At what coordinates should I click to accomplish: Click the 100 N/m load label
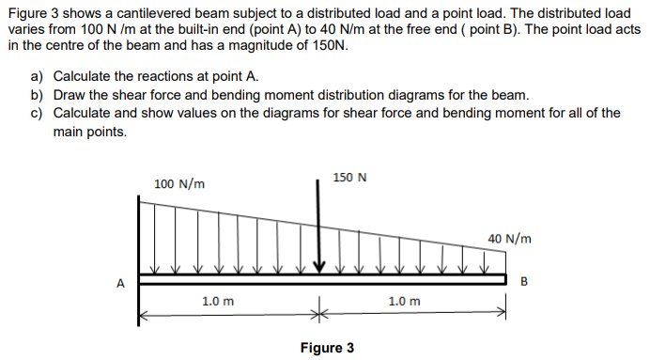click(179, 183)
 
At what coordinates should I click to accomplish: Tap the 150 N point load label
click(350, 177)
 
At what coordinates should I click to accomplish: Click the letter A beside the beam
click(119, 280)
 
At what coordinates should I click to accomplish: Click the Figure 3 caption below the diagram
click(327, 348)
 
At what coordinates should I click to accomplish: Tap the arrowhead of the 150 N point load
click(318, 266)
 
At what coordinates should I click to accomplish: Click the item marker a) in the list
click(38, 76)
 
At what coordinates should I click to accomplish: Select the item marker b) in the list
click(38, 95)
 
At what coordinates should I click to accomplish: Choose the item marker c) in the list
click(38, 113)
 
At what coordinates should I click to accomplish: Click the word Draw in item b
click(70, 95)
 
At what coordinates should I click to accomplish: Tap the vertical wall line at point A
click(140, 254)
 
